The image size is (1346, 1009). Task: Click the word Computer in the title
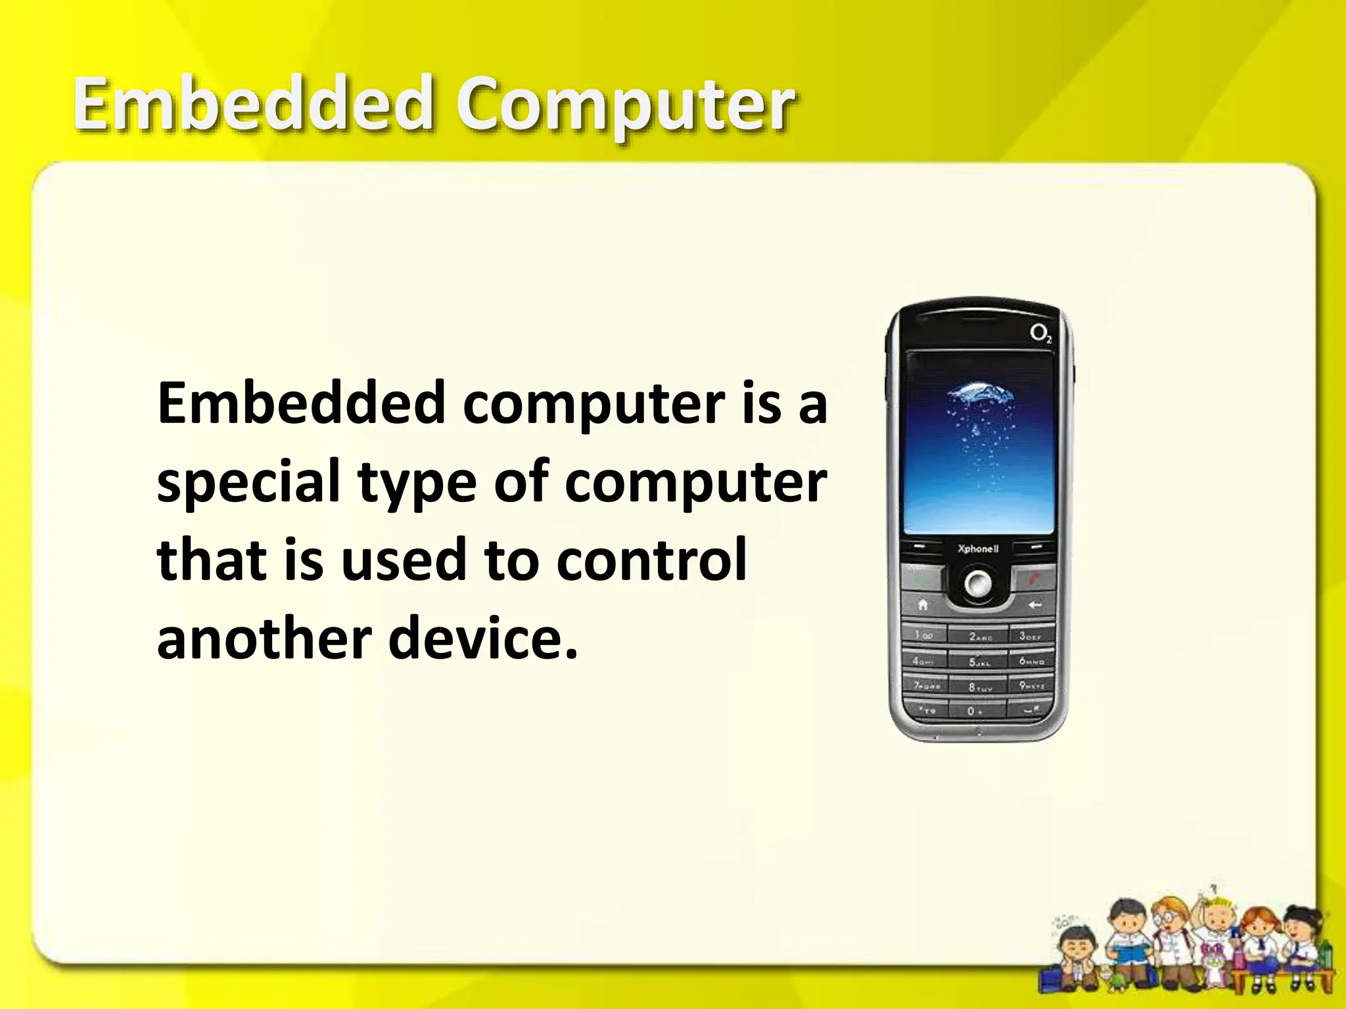pyautogui.click(x=626, y=105)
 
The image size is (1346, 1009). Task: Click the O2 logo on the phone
pyautogui.click(x=1040, y=334)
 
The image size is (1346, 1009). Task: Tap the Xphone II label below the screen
pyautogui.click(x=978, y=549)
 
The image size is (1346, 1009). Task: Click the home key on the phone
pyautogui.click(x=923, y=605)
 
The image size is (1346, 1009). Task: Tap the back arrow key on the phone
pyautogui.click(x=1034, y=605)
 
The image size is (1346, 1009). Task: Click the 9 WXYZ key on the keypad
pyautogui.click(x=1030, y=686)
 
